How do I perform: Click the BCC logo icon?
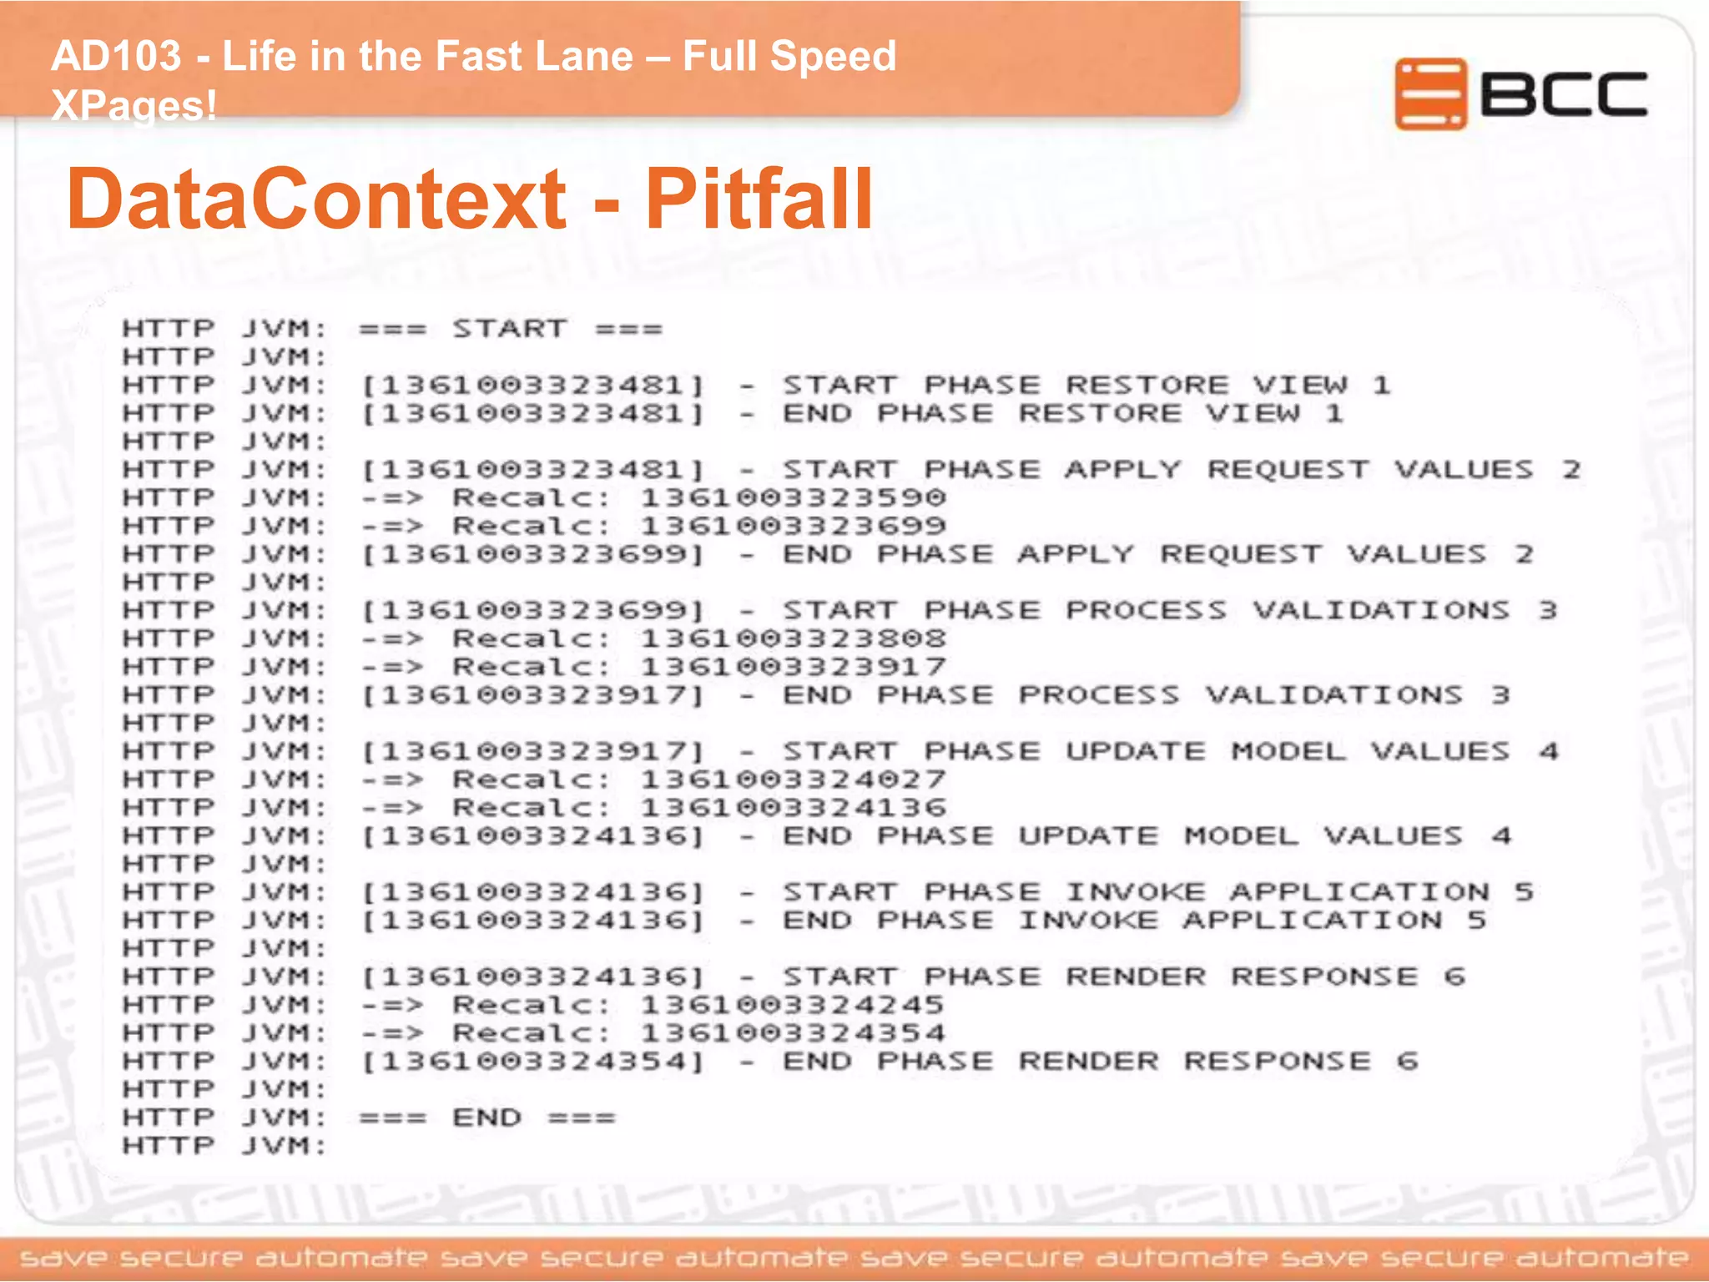click(x=1429, y=93)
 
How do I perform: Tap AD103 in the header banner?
click(x=116, y=57)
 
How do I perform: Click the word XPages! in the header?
click(x=134, y=106)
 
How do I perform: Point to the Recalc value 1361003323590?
click(x=793, y=498)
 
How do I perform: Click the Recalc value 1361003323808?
click(x=793, y=639)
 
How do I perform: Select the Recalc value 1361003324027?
click(x=793, y=780)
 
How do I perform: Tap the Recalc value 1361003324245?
click(x=793, y=1006)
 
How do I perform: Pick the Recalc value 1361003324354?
click(x=793, y=1034)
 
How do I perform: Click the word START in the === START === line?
click(x=510, y=329)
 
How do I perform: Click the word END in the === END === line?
click(x=486, y=1118)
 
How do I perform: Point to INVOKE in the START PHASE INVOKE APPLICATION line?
click(x=1135, y=893)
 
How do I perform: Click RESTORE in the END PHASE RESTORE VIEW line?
click(x=1100, y=414)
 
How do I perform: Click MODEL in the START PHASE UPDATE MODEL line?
click(x=1288, y=752)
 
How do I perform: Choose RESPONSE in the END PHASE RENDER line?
click(x=1277, y=1062)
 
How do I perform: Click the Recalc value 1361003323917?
click(x=793, y=668)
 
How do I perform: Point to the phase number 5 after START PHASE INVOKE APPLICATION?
click(x=1524, y=893)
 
